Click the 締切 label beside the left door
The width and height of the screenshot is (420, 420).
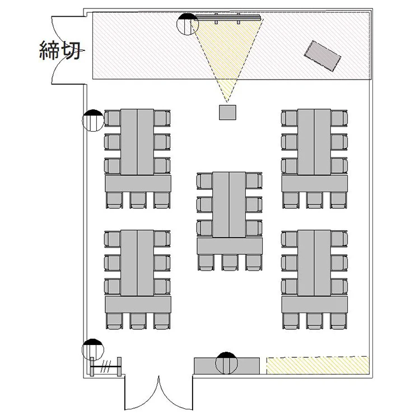(60, 50)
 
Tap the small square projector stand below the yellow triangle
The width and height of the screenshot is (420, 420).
(228, 113)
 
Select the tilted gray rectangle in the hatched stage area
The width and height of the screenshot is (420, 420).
(322, 56)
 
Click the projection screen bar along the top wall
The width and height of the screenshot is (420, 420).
(228, 18)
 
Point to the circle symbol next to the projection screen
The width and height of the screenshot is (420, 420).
(188, 24)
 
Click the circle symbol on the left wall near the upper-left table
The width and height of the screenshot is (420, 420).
(93, 120)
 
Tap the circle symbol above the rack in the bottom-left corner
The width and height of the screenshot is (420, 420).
(93, 350)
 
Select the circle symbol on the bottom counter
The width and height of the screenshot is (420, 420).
(227, 363)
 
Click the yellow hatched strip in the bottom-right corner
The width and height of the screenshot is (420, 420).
(318, 365)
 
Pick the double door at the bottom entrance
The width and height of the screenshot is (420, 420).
(158, 393)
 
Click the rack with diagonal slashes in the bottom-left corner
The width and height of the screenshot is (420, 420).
(106, 366)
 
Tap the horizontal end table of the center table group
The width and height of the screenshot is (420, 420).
(230, 246)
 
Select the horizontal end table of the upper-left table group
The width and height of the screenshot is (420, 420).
(138, 184)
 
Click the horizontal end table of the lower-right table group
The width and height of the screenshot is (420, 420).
(315, 304)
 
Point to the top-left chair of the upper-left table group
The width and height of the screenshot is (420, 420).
(112, 118)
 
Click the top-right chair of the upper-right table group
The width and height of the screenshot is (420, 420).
(339, 118)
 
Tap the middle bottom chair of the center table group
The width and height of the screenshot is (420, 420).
(230, 263)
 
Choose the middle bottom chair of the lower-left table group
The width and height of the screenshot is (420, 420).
(138, 321)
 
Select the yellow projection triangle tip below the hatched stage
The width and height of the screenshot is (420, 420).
(227, 102)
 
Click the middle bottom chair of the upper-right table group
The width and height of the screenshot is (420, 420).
(315, 200)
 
